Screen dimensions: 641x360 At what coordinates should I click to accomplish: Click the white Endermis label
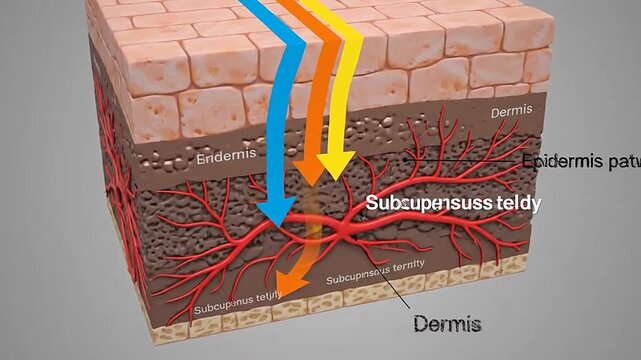226,156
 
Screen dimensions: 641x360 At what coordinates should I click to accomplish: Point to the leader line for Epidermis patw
470,160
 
